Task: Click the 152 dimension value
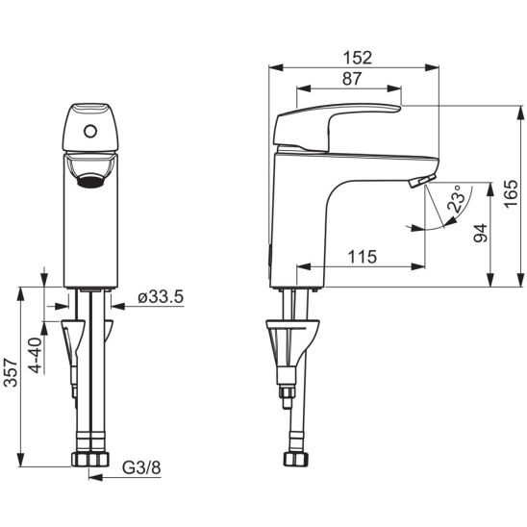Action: coord(358,58)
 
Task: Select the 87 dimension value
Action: coord(352,79)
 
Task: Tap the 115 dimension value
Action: coord(362,257)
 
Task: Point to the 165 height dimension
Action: coord(511,194)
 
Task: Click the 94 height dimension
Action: coord(480,233)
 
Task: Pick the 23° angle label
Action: coord(458,198)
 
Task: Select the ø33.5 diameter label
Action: coord(161,297)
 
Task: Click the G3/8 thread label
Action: coord(141,467)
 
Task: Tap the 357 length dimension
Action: coord(11,373)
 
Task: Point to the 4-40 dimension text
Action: coord(36,356)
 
